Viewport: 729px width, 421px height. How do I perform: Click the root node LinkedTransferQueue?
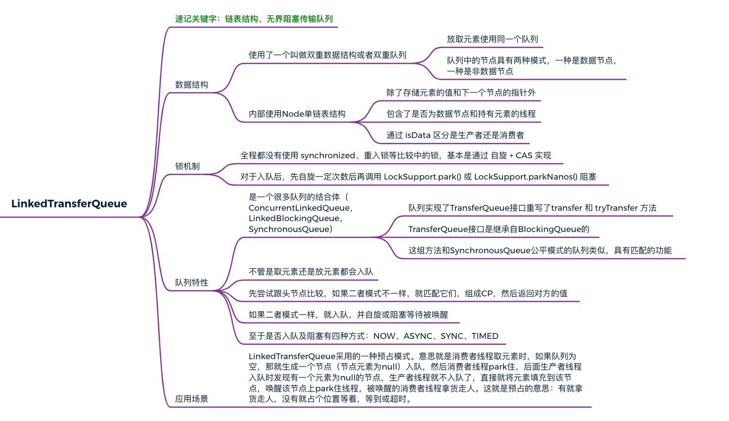69,204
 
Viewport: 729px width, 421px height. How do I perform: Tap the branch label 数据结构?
191,85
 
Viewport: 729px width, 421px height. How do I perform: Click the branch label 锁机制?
187,166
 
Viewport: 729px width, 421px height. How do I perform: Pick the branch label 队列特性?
191,282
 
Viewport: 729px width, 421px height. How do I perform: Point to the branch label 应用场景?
191,399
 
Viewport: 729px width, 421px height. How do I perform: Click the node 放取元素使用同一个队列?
492,39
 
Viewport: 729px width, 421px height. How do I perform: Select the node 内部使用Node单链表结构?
297,114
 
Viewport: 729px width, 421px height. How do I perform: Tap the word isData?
418,135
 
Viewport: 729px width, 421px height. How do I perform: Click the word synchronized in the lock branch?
328,155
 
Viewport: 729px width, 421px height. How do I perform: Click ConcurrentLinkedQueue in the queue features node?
299,208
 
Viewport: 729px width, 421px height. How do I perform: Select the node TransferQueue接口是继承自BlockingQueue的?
499,229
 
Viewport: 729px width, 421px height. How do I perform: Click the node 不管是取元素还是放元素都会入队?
311,272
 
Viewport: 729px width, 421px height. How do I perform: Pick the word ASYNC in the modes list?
418,336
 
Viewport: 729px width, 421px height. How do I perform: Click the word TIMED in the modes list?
485,336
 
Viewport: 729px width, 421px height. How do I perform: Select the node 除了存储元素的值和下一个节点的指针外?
461,93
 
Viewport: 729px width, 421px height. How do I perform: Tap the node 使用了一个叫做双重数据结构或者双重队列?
327,55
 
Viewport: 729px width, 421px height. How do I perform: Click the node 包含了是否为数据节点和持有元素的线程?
461,114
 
